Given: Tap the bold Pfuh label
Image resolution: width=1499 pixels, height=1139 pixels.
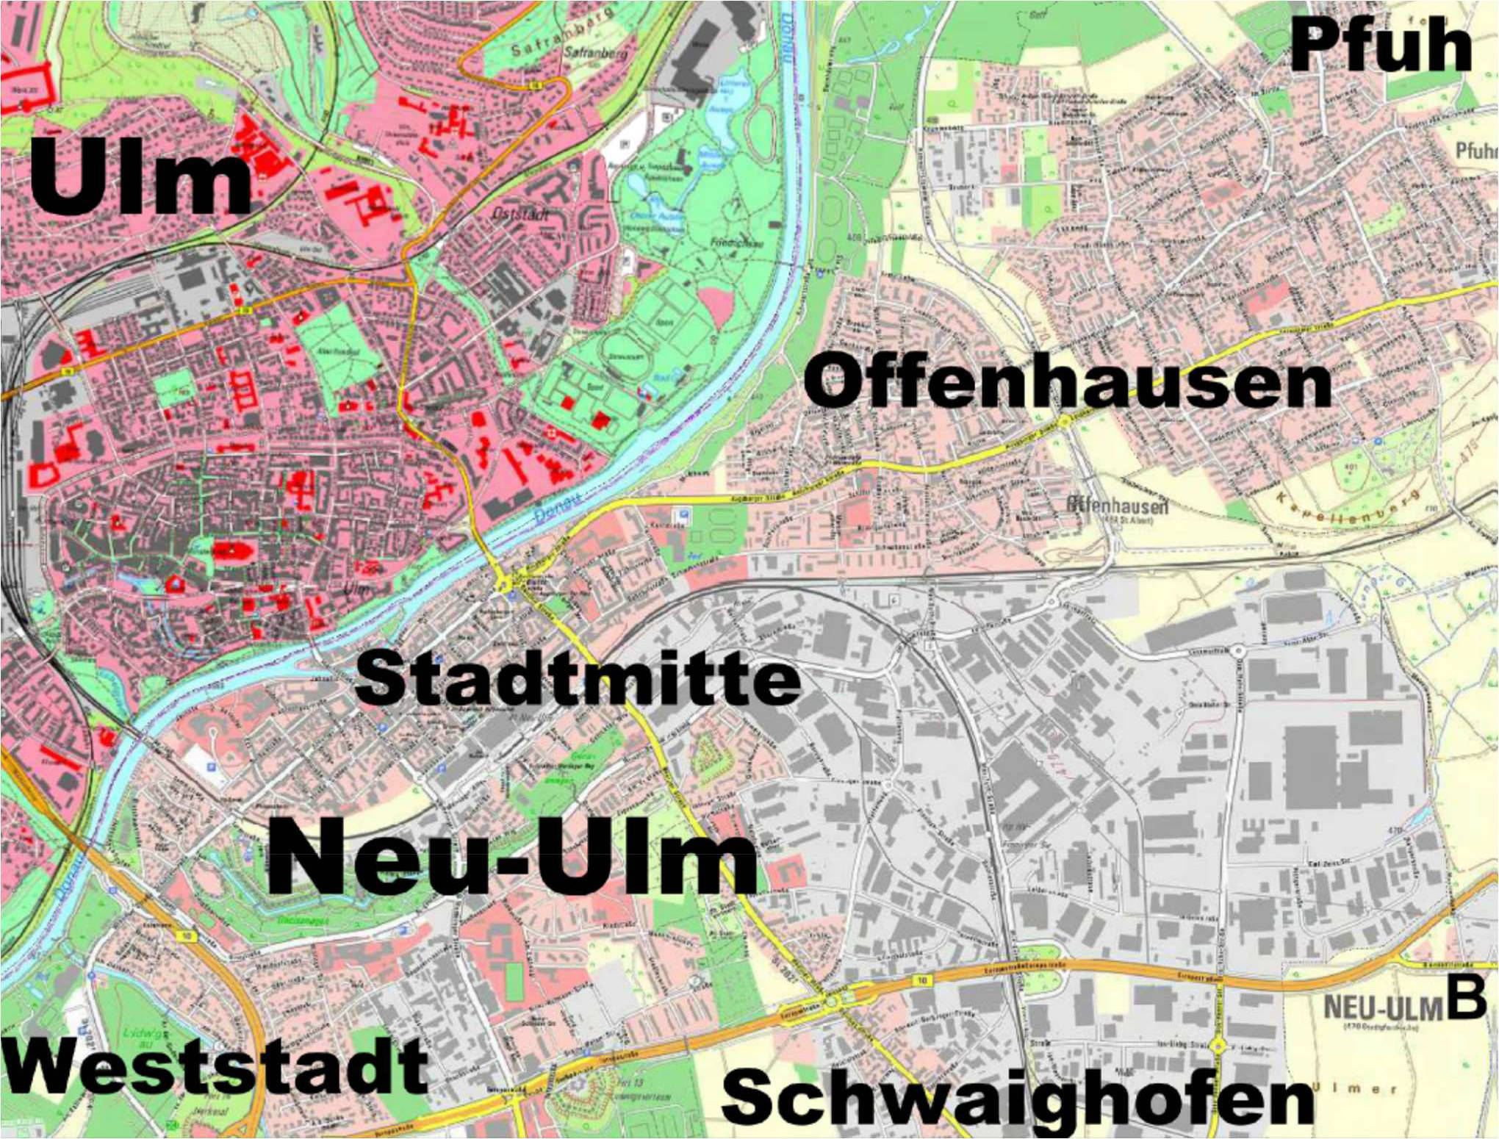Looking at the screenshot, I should [x=1380, y=46].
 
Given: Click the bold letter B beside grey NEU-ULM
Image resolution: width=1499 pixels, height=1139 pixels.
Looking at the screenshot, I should [x=1467, y=999].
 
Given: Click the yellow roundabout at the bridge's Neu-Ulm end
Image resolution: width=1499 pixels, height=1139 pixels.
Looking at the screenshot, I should [x=505, y=585].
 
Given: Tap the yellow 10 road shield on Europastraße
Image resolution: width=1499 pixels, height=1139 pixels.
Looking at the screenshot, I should [x=923, y=980].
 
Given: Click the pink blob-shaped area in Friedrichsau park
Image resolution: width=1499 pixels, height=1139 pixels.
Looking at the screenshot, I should [x=716, y=304].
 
